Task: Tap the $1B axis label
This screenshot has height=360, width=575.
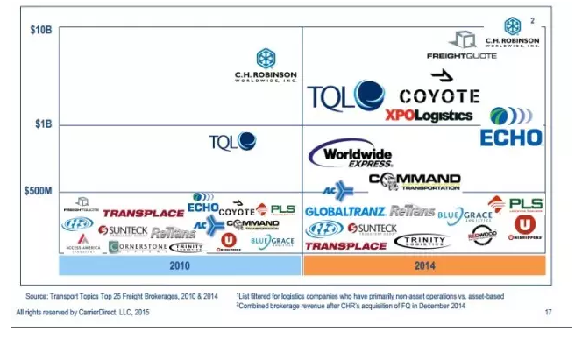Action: pyautogui.click(x=44, y=124)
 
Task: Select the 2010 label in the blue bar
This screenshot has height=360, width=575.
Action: pyautogui.click(x=180, y=265)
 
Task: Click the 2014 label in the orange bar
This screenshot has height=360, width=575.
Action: pyautogui.click(x=423, y=265)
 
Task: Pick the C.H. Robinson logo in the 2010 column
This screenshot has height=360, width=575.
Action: pyautogui.click(x=266, y=67)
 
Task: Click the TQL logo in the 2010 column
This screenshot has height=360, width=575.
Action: pyautogui.click(x=232, y=141)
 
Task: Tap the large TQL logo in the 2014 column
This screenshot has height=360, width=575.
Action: pyautogui.click(x=345, y=95)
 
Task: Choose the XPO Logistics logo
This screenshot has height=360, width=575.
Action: pyautogui.click(x=429, y=115)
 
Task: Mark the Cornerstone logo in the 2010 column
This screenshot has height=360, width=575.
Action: pyautogui.click(x=137, y=248)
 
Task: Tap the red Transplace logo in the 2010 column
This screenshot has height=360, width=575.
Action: pyautogui.click(x=143, y=213)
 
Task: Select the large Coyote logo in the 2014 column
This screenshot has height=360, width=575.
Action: pyautogui.click(x=439, y=96)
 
